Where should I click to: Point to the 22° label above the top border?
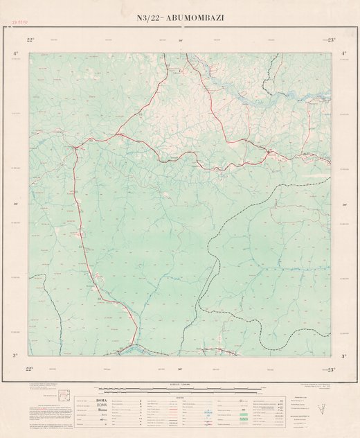30,41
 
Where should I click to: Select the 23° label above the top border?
331,41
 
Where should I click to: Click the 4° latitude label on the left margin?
15,53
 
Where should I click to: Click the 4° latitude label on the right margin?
344,53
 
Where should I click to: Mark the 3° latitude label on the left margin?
15,356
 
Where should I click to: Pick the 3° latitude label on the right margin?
344,356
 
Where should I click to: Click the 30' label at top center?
181,41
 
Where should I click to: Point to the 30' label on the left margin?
15,204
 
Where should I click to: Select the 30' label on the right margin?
344,204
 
